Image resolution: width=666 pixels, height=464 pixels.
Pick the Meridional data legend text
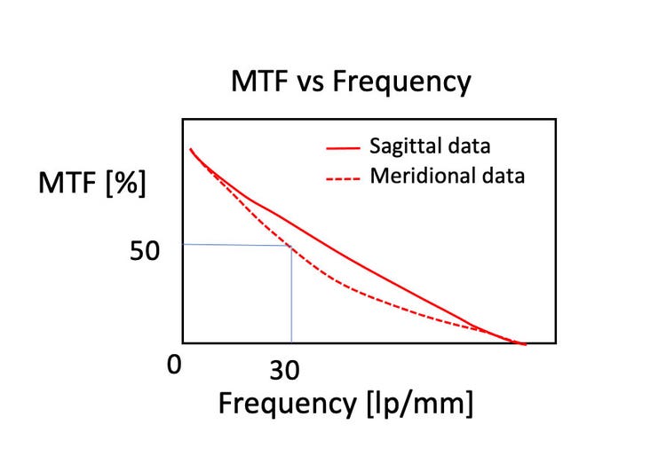(x=447, y=176)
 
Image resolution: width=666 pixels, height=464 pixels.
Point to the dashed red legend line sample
(x=342, y=177)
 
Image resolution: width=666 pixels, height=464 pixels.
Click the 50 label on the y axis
(x=144, y=251)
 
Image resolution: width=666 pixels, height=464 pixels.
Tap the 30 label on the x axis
(x=284, y=370)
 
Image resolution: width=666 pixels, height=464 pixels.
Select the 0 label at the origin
(x=174, y=363)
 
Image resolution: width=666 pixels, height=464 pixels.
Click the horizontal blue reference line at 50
(x=236, y=245)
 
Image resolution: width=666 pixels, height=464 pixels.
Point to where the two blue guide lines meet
(x=291, y=246)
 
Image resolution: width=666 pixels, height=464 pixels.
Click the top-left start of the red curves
(x=191, y=150)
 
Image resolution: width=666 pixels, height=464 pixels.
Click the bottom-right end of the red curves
(x=525, y=343)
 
